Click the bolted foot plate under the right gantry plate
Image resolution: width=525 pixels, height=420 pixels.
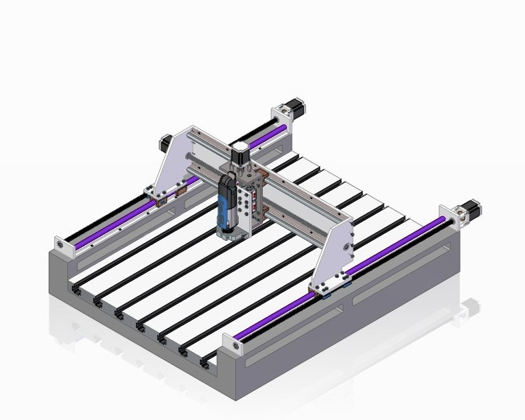coord(332,285)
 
